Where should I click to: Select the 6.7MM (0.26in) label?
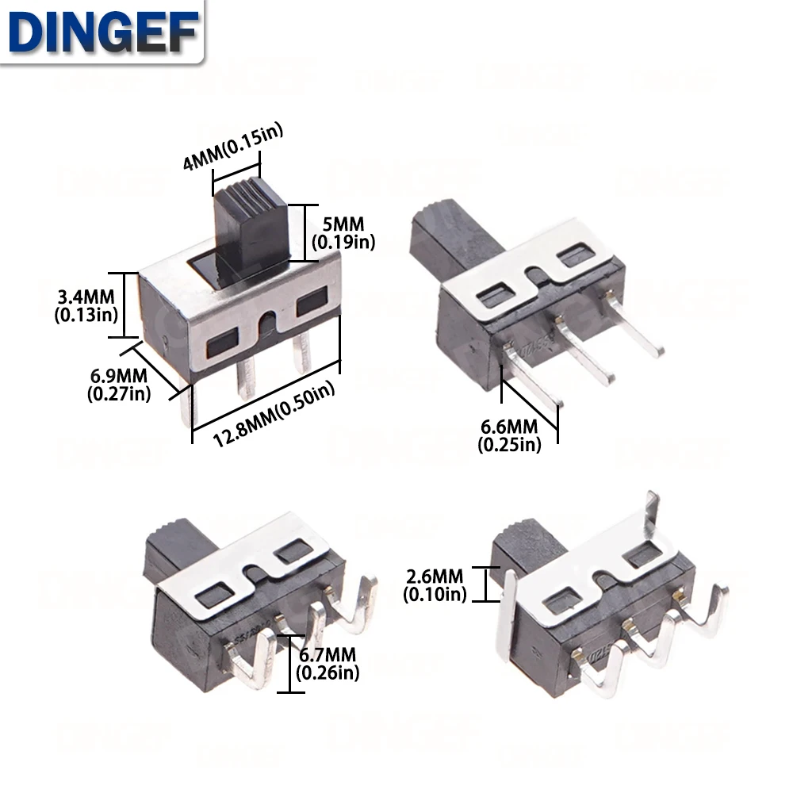coord(327,664)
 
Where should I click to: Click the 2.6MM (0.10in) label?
coord(435,584)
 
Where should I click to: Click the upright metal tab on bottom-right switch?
coord(651,511)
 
